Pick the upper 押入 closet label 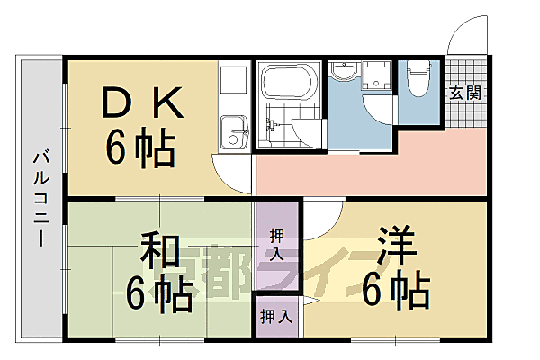pos(278,245)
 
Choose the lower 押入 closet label pos(275,316)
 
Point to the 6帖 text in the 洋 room pos(396,290)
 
